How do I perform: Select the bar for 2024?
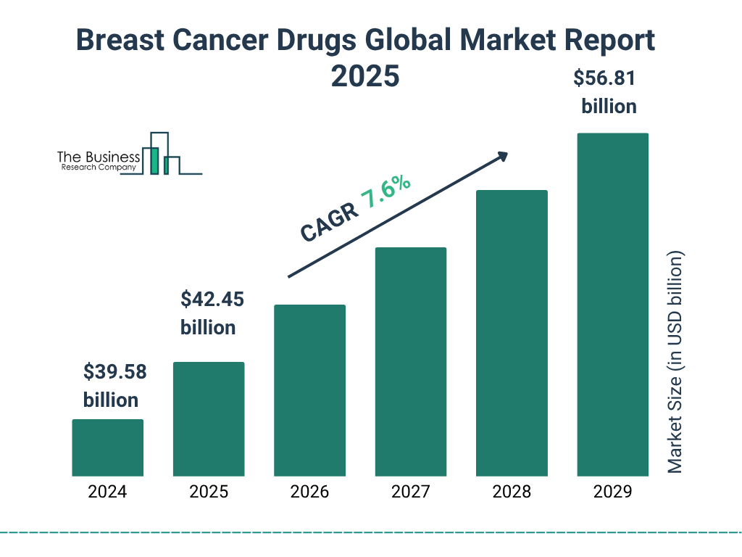tap(107, 447)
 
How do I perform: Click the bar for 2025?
tap(209, 418)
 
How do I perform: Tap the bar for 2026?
tap(309, 390)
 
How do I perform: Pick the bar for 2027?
tap(411, 361)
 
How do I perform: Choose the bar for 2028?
tap(512, 333)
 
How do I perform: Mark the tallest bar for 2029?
tap(612, 305)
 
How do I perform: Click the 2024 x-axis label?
tap(107, 492)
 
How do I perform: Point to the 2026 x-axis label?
tap(309, 492)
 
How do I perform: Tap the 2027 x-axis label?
tap(411, 492)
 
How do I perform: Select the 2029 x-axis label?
tap(612, 492)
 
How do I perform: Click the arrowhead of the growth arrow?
tap(501, 156)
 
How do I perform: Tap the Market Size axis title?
tap(675, 362)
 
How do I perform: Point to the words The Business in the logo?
tap(99, 157)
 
